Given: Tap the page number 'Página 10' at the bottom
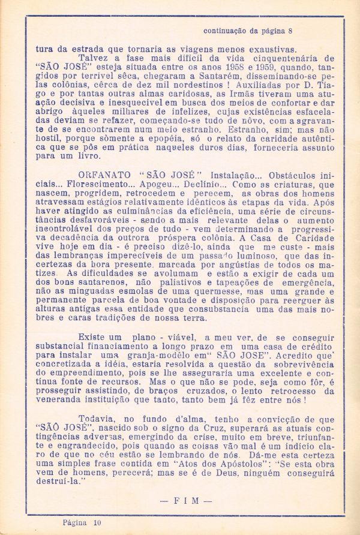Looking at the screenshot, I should click(82, 523).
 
